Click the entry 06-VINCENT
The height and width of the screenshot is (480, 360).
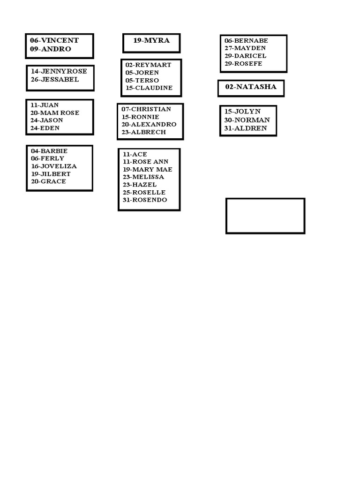click(x=54, y=41)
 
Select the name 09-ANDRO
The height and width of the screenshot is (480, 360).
click(x=51, y=49)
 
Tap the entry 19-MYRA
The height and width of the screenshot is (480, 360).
click(x=151, y=41)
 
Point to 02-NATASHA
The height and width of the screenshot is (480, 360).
click(x=251, y=87)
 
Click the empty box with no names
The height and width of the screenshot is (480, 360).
click(x=265, y=216)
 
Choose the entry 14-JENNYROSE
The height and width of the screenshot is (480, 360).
click(x=59, y=72)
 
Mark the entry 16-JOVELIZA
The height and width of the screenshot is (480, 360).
click(x=54, y=166)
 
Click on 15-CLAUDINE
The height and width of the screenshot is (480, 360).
click(x=149, y=88)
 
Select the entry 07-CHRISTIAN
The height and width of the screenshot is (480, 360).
click(x=146, y=109)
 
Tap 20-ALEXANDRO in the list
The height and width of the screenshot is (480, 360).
click(x=149, y=125)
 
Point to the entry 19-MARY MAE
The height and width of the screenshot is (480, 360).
click(x=147, y=170)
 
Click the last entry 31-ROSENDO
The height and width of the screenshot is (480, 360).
click(x=145, y=200)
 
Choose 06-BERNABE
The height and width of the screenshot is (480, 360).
click(x=246, y=41)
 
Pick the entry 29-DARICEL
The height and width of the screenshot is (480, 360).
click(x=245, y=56)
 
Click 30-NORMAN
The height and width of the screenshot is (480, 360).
click(x=247, y=120)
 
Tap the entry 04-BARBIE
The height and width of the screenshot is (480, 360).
click(x=49, y=151)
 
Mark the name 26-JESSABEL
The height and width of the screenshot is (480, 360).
click(x=55, y=80)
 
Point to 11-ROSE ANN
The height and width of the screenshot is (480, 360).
click(x=145, y=162)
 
